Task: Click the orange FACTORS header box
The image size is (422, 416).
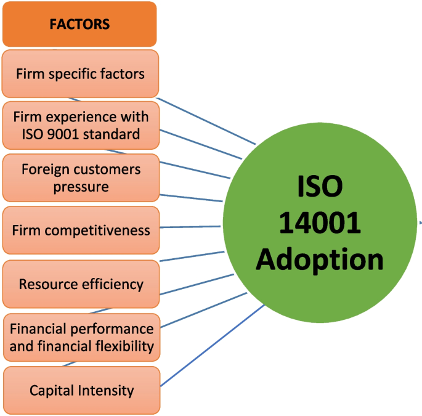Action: coord(79,25)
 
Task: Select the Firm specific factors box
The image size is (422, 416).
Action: coord(80,74)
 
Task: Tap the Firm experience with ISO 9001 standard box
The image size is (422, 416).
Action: coord(80,125)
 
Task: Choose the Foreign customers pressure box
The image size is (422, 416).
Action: coord(80,177)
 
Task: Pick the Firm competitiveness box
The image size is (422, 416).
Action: coord(80,230)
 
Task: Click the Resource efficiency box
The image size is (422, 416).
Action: coord(80,284)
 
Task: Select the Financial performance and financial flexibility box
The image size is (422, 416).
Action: coord(81,337)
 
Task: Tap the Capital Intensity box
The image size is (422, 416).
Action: coord(81,390)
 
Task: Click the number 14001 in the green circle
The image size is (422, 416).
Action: coord(320,222)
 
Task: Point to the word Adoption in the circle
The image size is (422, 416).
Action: coord(320,259)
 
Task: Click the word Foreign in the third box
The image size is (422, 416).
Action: coord(46,169)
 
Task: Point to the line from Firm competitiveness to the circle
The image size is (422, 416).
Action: coord(191,227)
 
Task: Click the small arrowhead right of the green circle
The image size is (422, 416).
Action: coord(420,222)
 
